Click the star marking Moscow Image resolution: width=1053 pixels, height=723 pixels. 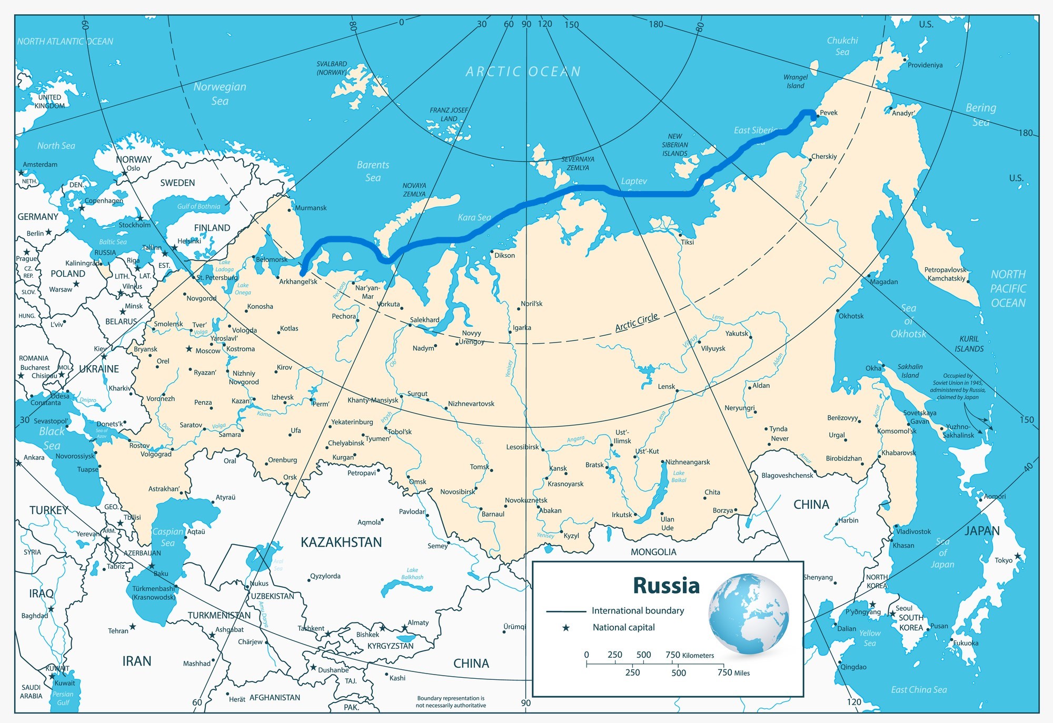[189, 349]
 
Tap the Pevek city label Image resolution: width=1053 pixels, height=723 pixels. [829, 113]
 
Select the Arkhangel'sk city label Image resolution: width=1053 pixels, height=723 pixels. [298, 282]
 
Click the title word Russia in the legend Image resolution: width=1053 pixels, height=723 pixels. [666, 585]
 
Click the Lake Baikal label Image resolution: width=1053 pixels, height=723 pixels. [679, 476]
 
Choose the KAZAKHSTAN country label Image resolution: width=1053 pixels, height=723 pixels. [341, 542]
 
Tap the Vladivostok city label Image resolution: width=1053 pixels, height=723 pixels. [914, 531]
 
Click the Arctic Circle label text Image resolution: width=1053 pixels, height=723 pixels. [637, 322]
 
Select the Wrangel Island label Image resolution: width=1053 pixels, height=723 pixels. [796, 82]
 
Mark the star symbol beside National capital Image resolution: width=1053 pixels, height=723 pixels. [566, 628]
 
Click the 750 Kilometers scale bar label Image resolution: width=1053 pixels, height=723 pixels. [690, 655]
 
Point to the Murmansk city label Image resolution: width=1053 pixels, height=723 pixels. [311, 208]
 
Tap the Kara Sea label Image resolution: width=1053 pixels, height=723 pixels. [474, 217]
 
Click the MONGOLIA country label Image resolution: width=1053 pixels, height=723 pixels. [653, 552]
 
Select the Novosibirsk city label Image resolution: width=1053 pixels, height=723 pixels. [458, 491]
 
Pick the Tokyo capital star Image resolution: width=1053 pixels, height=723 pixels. [1017, 556]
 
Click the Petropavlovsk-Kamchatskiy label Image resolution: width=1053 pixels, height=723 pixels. [946, 274]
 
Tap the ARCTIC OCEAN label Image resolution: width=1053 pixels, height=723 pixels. [523, 72]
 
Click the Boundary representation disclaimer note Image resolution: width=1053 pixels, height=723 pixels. [451, 701]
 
